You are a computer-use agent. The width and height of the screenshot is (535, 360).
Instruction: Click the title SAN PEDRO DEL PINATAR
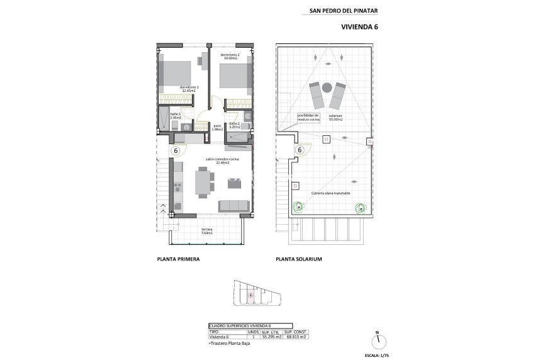(344, 10)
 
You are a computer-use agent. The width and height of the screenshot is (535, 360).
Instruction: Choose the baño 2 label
(235, 125)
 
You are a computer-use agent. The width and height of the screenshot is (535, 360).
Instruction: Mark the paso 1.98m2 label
(217, 128)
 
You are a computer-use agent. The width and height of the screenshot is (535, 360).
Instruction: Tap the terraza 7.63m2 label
(206, 231)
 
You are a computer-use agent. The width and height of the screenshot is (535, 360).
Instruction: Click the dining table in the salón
(203, 183)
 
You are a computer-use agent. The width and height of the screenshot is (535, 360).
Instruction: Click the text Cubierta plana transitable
(330, 193)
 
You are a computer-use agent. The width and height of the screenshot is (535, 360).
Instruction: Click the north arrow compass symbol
(378, 340)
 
